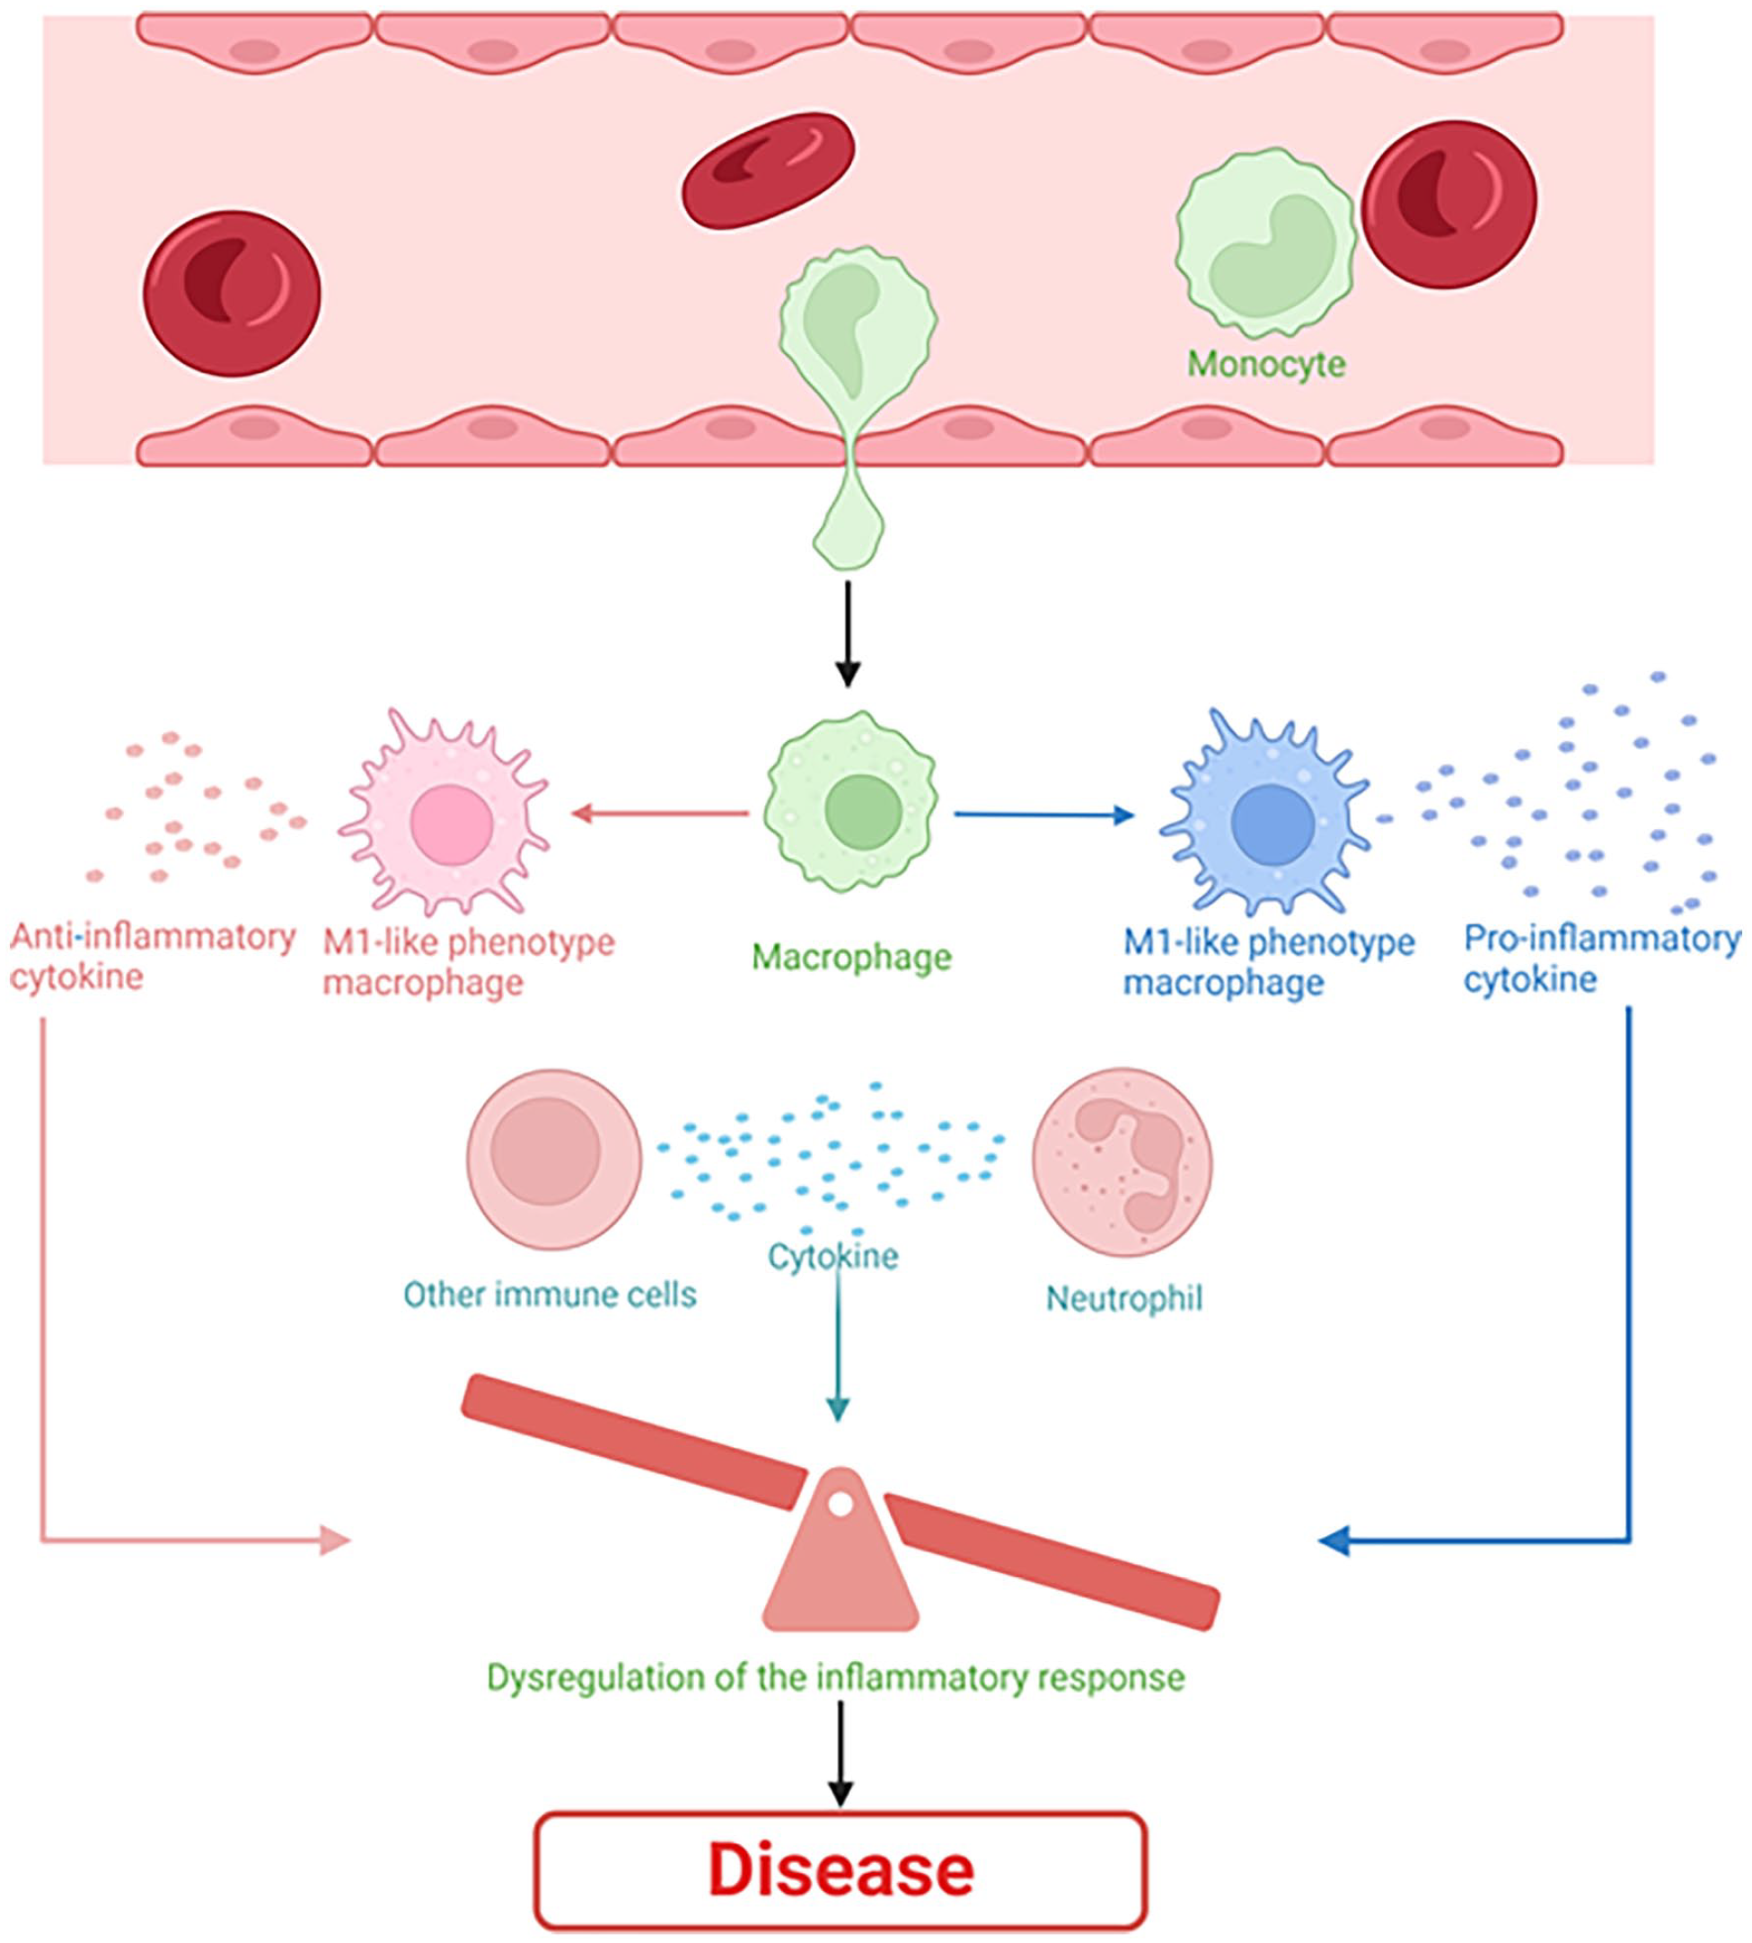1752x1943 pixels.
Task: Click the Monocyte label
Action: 1265,365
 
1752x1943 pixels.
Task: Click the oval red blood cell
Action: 767,172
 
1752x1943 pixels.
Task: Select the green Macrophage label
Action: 851,957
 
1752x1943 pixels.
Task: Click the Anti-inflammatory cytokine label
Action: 152,956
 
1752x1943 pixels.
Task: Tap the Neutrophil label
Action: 1124,1299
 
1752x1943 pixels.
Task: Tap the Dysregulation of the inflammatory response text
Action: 835,1678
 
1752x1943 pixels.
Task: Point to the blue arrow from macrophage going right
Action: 1043,816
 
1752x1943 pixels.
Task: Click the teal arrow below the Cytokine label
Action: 839,1348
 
